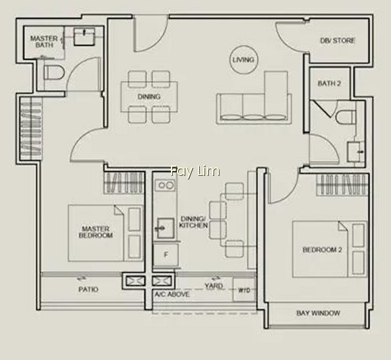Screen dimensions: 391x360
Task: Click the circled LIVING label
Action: point(243,60)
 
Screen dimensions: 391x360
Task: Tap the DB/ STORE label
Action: point(338,40)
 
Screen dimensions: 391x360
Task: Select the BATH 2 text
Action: point(329,83)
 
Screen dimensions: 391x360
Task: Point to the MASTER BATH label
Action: point(44,41)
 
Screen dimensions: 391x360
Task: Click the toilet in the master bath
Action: point(54,73)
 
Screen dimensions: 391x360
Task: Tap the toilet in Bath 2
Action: point(346,118)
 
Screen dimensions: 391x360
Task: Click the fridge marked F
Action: point(166,255)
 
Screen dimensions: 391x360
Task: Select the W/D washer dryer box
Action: point(244,290)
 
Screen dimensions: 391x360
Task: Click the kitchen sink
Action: point(166,228)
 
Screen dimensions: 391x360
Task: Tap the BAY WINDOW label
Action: point(318,313)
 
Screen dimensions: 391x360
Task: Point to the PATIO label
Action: point(88,289)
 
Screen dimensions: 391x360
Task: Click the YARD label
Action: point(213,286)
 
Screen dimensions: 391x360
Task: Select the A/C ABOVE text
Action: point(172,294)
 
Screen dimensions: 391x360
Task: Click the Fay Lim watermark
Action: point(195,172)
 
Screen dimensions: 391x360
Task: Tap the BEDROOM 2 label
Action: point(322,250)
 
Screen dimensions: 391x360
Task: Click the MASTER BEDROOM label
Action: point(96,232)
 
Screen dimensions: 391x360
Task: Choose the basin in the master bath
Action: point(85,37)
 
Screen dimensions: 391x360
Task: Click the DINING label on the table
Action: point(149,97)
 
